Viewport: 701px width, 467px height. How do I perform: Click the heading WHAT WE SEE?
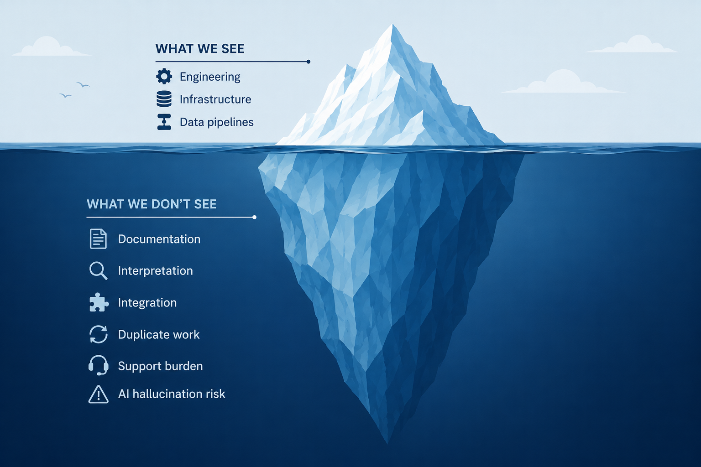[199, 49]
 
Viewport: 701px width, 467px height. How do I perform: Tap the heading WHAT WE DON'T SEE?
[152, 204]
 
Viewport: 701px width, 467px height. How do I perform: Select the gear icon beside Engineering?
[164, 76]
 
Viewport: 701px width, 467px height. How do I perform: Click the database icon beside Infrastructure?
[164, 99]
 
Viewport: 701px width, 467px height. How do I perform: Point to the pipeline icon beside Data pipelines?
[164, 122]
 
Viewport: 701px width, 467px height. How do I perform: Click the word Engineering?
[210, 77]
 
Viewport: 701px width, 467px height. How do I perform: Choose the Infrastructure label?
[215, 99]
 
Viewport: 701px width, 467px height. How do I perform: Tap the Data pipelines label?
[217, 122]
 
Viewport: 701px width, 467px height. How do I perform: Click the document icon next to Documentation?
[98, 239]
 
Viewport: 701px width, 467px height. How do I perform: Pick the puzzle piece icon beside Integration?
[99, 302]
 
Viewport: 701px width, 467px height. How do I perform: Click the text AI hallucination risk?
[172, 394]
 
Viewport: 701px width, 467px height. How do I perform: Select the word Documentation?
[159, 239]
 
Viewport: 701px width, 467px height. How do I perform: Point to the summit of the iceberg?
[392, 24]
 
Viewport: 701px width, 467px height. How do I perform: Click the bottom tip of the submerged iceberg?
[387, 443]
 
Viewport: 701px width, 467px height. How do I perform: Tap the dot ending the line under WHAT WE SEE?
[309, 62]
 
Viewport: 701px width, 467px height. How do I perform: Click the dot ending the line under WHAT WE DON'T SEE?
[254, 217]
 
